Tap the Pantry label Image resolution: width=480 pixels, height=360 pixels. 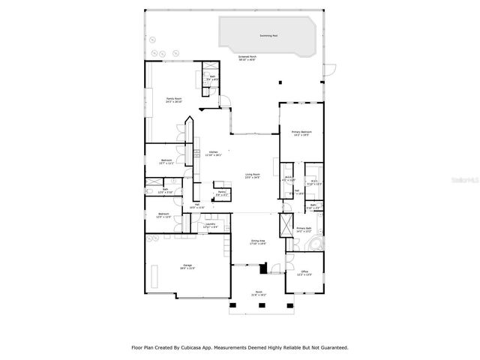pos(221,194)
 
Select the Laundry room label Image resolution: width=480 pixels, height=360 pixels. pos(210,226)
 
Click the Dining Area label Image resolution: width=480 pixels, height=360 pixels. pos(259,242)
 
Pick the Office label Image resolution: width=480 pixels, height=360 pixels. pos(304,274)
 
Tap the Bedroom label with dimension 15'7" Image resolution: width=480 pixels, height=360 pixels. pos(166,161)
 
